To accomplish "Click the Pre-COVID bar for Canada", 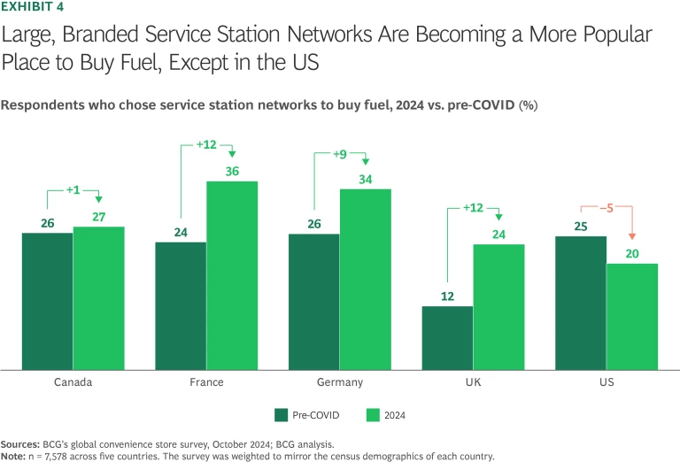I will point(47,301).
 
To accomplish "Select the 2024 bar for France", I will point(232,275).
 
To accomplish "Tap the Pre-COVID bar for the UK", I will point(447,337).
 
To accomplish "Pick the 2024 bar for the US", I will point(632,316).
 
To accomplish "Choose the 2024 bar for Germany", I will point(366,279).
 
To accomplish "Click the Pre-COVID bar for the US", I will point(581,303).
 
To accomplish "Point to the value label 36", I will point(232,172).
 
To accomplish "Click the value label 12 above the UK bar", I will point(447,296).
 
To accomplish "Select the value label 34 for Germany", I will point(366,179).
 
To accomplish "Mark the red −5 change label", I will point(606,209).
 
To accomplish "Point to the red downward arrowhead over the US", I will point(632,236).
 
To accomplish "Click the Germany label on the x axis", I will point(340,382).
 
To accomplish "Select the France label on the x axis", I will point(206,382).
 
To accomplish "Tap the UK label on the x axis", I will point(473,382).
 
